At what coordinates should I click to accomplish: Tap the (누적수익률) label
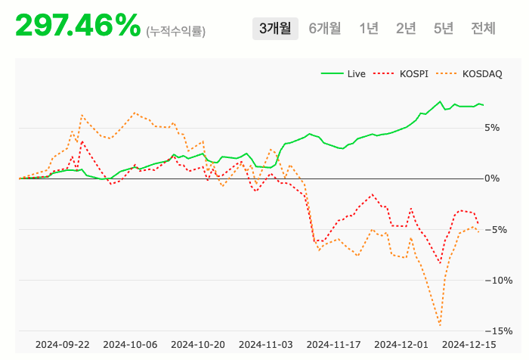[176, 31]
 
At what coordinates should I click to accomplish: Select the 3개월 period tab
[275, 29]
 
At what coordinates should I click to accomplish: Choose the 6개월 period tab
[325, 29]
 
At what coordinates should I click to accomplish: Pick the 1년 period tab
[369, 29]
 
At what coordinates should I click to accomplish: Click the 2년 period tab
[406, 29]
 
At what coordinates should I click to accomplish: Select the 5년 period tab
[444, 29]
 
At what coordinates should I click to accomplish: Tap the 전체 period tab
[483, 29]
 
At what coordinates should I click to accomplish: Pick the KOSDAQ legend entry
[481, 74]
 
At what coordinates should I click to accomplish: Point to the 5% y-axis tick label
[493, 128]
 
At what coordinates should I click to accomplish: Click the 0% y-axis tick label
[493, 178]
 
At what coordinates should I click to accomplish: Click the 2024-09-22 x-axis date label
[62, 344]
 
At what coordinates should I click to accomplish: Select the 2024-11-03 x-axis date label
[265, 344]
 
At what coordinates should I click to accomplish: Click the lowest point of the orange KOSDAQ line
[440, 325]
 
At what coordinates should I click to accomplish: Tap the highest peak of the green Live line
[440, 101]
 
